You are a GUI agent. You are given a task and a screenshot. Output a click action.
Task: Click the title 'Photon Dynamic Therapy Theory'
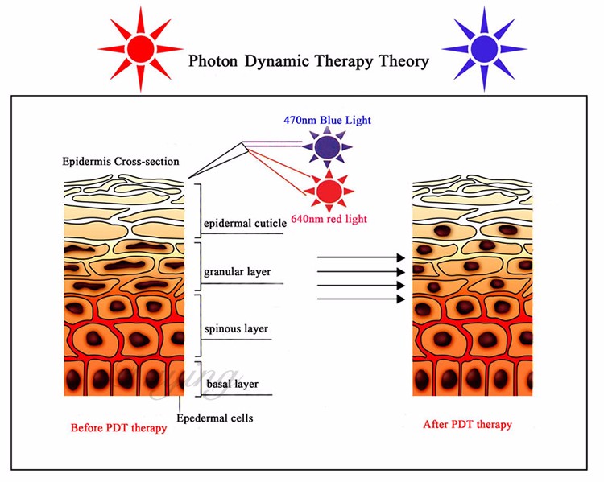(x=308, y=61)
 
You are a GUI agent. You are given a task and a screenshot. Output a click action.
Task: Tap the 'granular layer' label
(x=238, y=272)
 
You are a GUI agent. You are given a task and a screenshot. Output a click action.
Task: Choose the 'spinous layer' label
(x=237, y=328)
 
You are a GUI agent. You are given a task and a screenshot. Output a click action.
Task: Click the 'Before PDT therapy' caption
(x=118, y=427)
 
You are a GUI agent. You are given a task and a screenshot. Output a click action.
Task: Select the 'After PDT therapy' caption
(x=467, y=424)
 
